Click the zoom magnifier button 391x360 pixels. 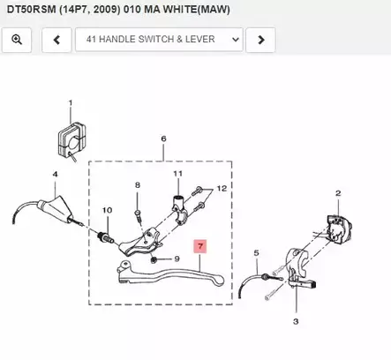18,40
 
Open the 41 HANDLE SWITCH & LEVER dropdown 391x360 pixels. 159,40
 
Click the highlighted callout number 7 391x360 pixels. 200,248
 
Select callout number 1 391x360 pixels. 70,103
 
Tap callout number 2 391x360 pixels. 337,192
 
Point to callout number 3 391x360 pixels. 296,323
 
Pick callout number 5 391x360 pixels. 257,253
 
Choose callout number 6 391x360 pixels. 163,139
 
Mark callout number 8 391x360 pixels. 138,185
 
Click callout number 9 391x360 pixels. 176,259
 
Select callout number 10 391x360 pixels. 108,210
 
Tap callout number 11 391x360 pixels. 177,175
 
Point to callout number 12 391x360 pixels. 222,189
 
